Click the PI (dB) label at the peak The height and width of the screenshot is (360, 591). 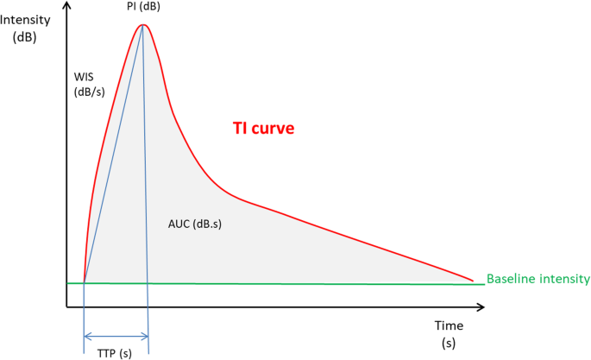pyautogui.click(x=143, y=7)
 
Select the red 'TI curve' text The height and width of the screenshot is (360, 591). pyautogui.click(x=264, y=129)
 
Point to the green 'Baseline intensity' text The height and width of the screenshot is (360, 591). pyautogui.click(x=538, y=279)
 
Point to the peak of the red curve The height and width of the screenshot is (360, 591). pyautogui.click(x=143, y=24)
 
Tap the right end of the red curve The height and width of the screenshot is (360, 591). pyautogui.click(x=472, y=280)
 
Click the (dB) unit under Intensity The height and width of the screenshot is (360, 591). pyautogui.click(x=24, y=38)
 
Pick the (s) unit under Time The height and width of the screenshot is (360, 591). pyautogui.click(x=449, y=343)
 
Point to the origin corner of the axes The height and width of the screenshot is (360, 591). pyautogui.click(x=66, y=306)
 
